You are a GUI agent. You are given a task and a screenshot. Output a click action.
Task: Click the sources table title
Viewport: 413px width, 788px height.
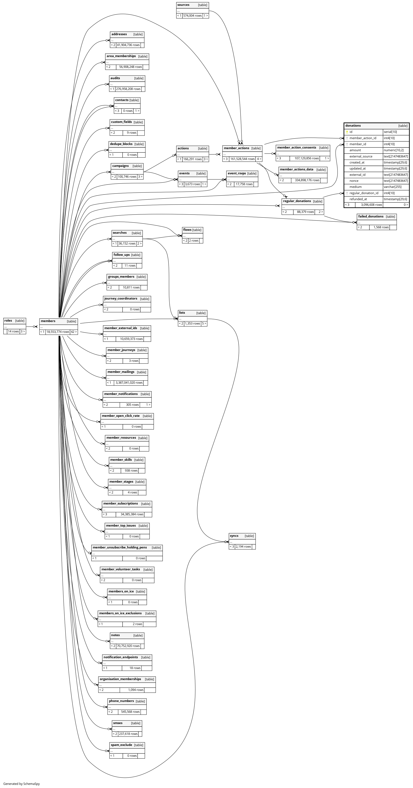pyautogui.click(x=183, y=5)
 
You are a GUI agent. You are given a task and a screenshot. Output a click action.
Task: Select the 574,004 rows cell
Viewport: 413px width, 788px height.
pyautogui.click(x=192, y=16)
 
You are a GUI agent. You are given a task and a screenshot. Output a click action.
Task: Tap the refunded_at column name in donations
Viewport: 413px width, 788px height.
pyautogui.click(x=358, y=199)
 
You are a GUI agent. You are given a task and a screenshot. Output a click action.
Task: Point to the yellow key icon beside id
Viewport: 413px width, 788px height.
pyautogui.click(x=347, y=132)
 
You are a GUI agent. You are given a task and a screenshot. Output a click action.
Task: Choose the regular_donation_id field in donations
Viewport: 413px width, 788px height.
pyautogui.click(x=364, y=193)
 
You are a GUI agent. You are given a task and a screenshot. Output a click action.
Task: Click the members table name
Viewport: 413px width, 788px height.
pyautogui.click(x=48, y=321)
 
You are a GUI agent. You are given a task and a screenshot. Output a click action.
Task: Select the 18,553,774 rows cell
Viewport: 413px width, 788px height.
pyautogui.click(x=58, y=332)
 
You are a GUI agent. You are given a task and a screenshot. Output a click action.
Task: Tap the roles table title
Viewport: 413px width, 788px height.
pyautogui.click(x=8, y=321)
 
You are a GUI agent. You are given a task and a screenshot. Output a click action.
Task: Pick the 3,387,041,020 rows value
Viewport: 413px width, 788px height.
pyautogui.click(x=129, y=383)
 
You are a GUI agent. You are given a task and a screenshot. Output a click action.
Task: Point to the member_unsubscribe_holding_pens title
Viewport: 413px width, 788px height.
pyautogui.click(x=120, y=547)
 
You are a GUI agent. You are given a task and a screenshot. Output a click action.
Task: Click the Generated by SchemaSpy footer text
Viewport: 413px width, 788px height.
pyautogui.click(x=21, y=784)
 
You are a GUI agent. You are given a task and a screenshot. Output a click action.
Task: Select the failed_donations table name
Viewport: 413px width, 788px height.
pyautogui.click(x=370, y=216)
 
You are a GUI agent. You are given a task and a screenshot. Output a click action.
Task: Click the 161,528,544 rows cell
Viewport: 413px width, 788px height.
pyautogui.click(x=242, y=159)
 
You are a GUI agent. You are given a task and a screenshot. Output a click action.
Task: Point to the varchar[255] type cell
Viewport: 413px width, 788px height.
pyautogui.click(x=392, y=187)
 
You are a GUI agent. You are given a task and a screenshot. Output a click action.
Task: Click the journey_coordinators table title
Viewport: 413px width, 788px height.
pyautogui.click(x=121, y=298)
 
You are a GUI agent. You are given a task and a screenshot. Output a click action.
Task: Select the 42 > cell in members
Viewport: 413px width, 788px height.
pyautogui.click(x=73, y=332)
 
